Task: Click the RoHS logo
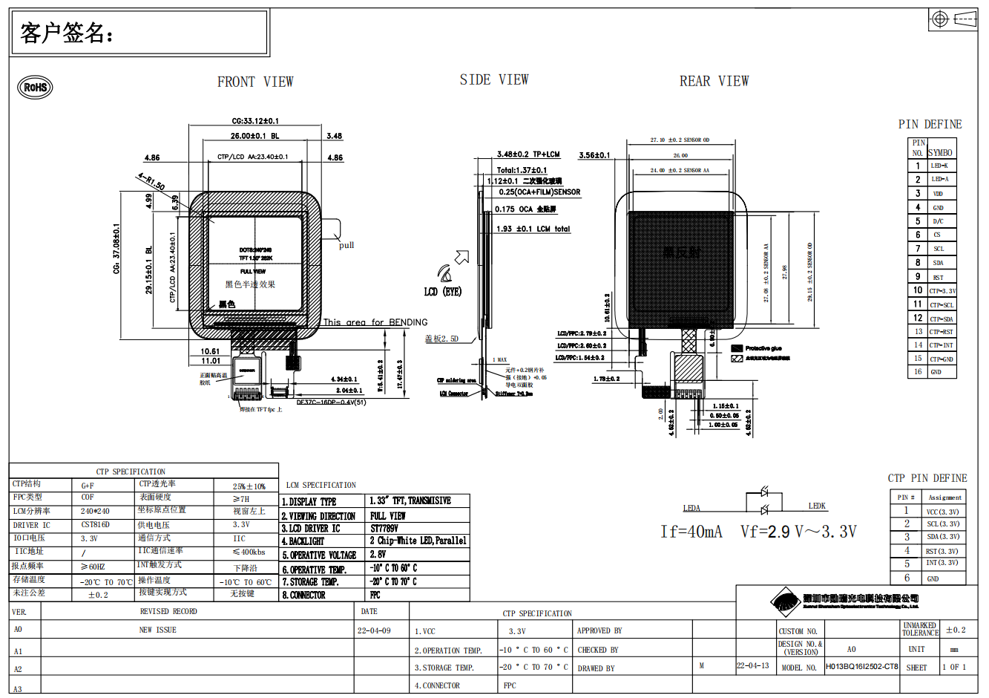click(x=35, y=87)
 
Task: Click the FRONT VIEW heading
click(x=255, y=82)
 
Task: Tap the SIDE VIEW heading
click(x=494, y=79)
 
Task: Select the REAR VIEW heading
click(x=714, y=81)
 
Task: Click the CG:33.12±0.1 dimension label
click(x=255, y=121)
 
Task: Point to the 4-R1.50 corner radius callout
click(x=151, y=180)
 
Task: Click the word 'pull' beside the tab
click(x=346, y=245)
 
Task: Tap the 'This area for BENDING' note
click(x=375, y=322)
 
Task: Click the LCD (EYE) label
click(x=443, y=292)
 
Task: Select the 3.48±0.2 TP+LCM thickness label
click(x=528, y=154)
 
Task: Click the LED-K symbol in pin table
click(x=939, y=166)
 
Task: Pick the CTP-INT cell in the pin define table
click(x=942, y=345)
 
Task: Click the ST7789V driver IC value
click(x=384, y=528)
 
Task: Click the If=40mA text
click(x=691, y=532)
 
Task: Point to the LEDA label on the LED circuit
click(x=691, y=508)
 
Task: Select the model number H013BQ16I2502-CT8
click(x=861, y=667)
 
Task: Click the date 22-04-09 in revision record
click(x=374, y=630)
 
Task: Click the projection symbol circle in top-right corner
click(x=939, y=19)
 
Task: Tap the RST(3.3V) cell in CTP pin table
click(x=942, y=551)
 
